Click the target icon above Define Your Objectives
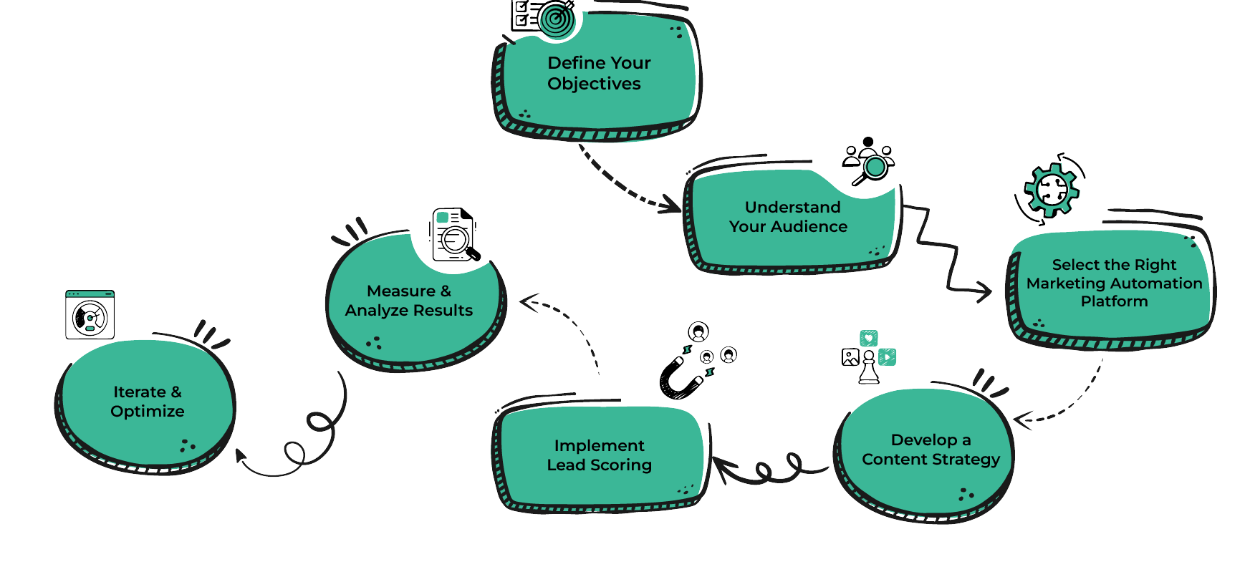pyautogui.click(x=556, y=17)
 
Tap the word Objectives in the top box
pyautogui.click(x=594, y=84)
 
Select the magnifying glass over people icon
pyautogui.click(x=869, y=163)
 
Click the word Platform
pyautogui.click(x=1114, y=301)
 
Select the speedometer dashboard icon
pyautogui.click(x=90, y=315)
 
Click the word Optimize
pyautogui.click(x=148, y=412)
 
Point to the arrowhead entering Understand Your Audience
pyautogui.click(x=672, y=205)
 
